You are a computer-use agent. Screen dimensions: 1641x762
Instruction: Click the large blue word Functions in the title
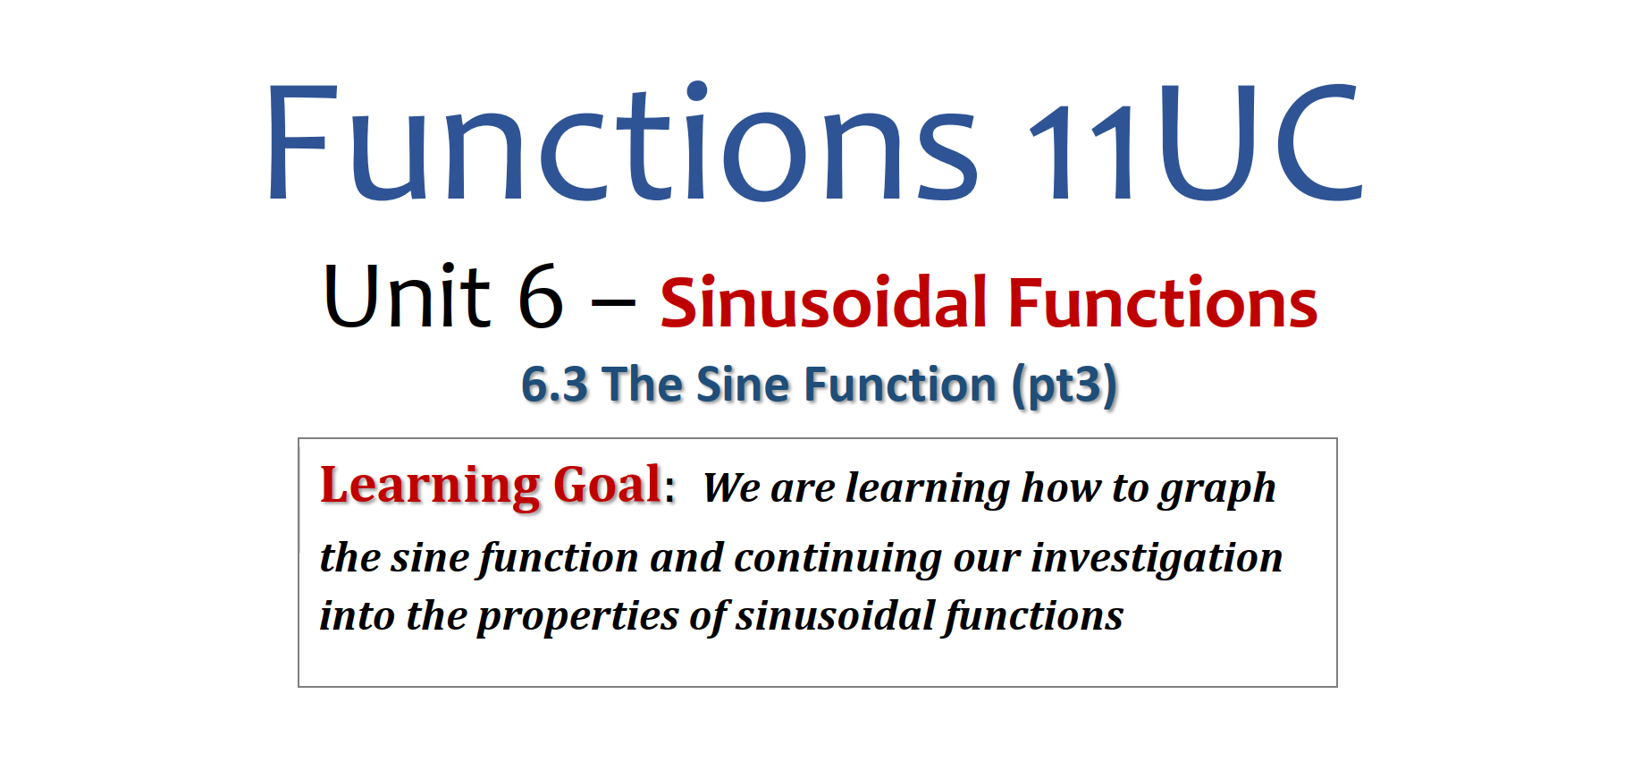[622, 141]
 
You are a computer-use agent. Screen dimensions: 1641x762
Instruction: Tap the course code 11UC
[1196, 141]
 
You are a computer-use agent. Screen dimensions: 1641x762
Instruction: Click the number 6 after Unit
[541, 296]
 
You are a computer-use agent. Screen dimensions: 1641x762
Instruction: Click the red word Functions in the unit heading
[1163, 302]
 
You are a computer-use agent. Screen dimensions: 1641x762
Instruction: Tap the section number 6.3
[554, 385]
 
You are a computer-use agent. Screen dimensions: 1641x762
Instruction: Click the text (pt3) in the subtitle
[1065, 386]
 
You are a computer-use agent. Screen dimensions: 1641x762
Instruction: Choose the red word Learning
[430, 487]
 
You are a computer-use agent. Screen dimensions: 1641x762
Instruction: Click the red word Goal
[608, 485]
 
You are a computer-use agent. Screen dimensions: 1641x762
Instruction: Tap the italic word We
[731, 488]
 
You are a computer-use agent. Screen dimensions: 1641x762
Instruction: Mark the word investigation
[1157, 559]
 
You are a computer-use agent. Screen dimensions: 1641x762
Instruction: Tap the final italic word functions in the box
[1034, 617]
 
